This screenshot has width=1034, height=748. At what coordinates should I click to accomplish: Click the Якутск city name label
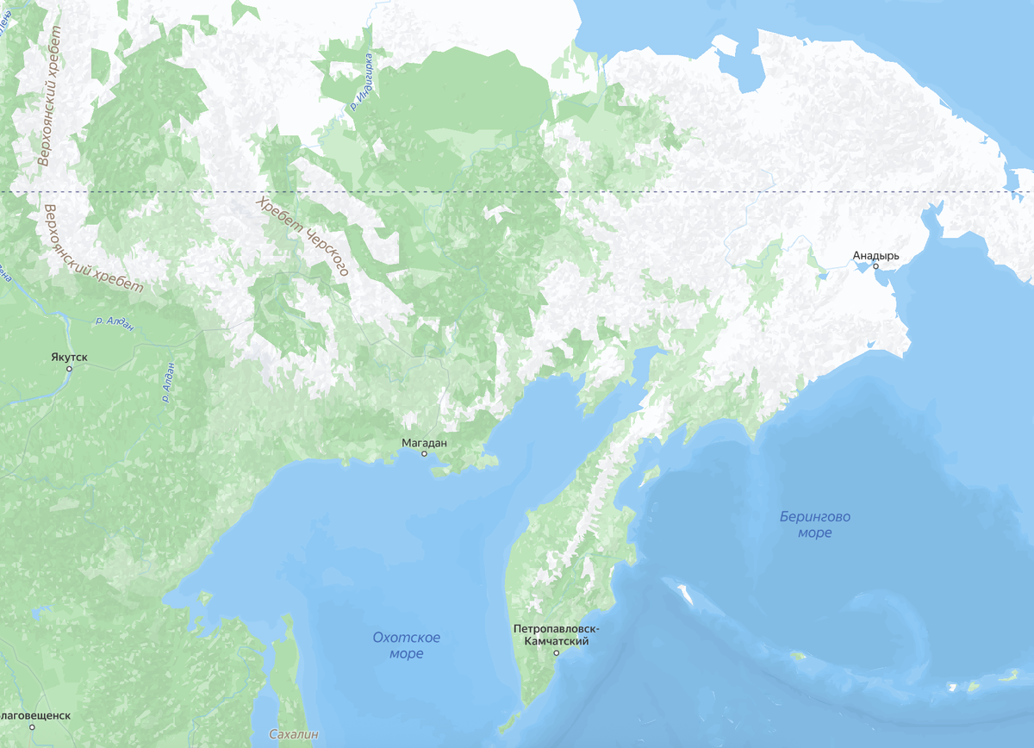[69, 356]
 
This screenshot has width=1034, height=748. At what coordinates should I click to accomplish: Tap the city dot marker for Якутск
[69, 369]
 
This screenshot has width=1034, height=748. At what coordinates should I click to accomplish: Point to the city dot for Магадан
[424, 453]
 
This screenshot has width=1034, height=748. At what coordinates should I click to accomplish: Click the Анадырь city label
[875, 256]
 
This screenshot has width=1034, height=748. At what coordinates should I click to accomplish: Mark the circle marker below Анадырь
[875, 266]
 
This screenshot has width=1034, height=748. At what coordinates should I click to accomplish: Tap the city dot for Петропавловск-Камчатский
[557, 653]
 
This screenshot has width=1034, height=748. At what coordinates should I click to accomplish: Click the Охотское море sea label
[406, 645]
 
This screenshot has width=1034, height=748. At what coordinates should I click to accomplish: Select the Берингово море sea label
[814, 525]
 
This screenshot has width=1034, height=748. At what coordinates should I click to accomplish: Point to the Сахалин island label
[294, 734]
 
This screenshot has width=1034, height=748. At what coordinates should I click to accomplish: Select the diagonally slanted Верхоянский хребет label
[91, 251]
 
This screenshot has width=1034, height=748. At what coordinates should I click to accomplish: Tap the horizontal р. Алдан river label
[114, 321]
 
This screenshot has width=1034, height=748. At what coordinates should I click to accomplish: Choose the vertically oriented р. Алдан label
[168, 383]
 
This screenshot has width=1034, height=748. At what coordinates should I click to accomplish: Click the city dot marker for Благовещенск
[31, 727]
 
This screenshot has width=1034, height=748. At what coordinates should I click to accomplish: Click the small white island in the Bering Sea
[687, 594]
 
